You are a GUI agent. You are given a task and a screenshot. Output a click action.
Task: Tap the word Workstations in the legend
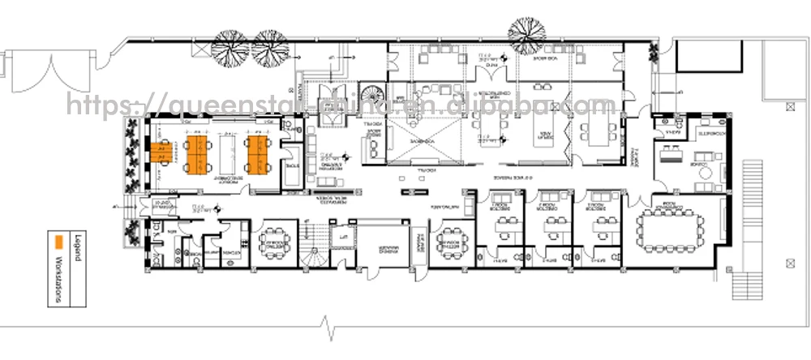click(x=59, y=280)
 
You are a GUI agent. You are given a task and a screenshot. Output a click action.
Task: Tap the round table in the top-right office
click(x=703, y=172)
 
